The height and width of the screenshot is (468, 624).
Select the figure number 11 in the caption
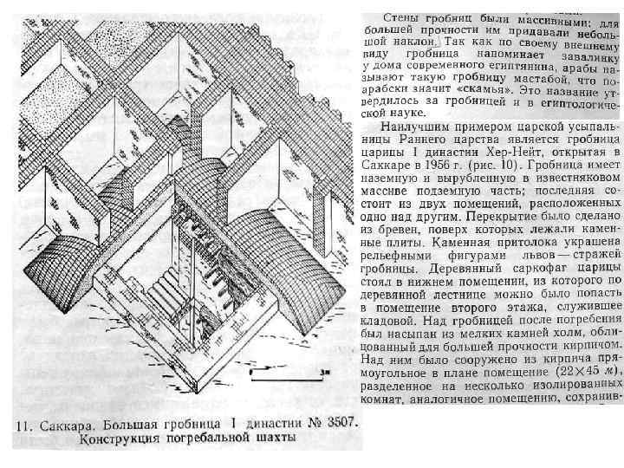[x=21, y=425]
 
